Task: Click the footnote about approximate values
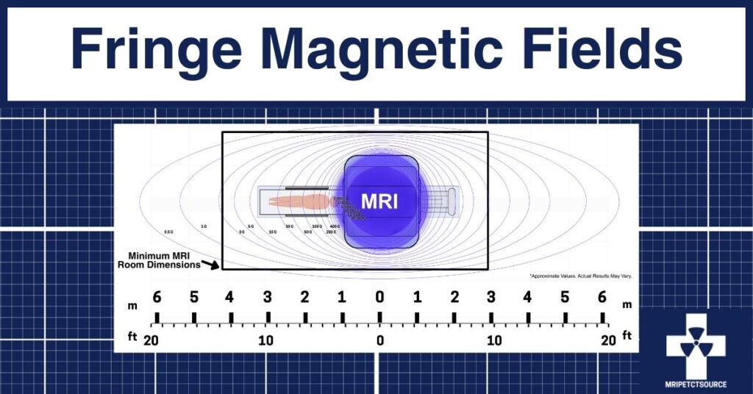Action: (x=580, y=276)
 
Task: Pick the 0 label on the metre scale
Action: (x=379, y=297)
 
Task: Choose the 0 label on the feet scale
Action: (x=379, y=340)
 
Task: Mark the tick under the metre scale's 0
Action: (x=379, y=318)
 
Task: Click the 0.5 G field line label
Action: (x=168, y=232)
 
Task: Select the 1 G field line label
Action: (x=204, y=226)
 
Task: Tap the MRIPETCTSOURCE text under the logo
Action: (x=695, y=383)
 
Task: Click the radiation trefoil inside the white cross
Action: (x=695, y=346)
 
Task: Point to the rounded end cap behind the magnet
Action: (x=451, y=201)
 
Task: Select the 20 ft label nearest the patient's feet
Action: (x=152, y=340)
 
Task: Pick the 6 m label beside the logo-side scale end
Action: (x=603, y=297)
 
